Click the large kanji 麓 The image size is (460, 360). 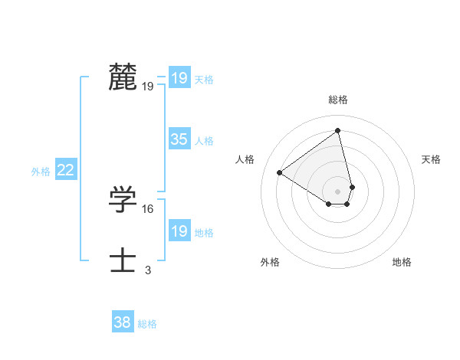pyautogui.click(x=123, y=77)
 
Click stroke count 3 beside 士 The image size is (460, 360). pyautogui.click(x=148, y=270)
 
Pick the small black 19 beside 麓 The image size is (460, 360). pyautogui.click(x=147, y=86)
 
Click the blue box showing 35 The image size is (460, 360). pyautogui.click(x=179, y=139)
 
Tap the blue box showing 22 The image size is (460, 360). pyautogui.click(x=65, y=170)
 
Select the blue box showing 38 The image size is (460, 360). pyautogui.click(x=122, y=322)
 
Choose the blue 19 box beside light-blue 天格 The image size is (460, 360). pyautogui.click(x=179, y=78)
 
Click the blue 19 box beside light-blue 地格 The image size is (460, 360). pyautogui.click(x=179, y=231)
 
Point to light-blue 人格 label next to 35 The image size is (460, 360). pyautogui.click(x=204, y=141)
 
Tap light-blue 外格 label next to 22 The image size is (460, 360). pyautogui.click(x=41, y=172)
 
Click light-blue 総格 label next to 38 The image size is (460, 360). pyautogui.click(x=147, y=324)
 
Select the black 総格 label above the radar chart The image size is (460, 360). pyautogui.click(x=338, y=100)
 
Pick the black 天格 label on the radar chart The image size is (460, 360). pyautogui.click(x=431, y=159)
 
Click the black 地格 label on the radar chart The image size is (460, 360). pyautogui.click(x=402, y=262)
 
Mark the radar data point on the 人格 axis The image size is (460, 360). pyautogui.click(x=280, y=172)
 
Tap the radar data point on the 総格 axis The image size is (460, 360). pyautogui.click(x=338, y=131)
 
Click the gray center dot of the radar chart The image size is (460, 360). pyautogui.click(x=338, y=191)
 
